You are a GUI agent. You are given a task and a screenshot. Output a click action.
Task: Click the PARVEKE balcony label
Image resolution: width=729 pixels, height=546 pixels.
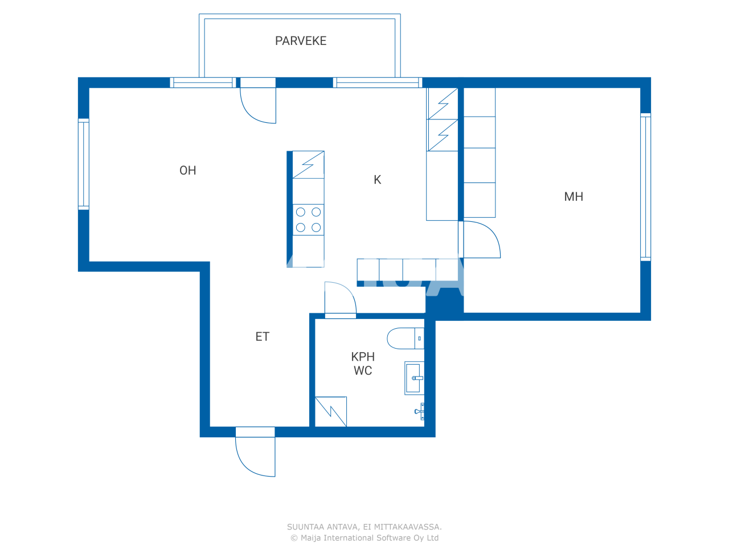(x=301, y=41)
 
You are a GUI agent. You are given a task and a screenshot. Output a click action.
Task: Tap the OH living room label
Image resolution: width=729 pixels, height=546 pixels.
(x=188, y=171)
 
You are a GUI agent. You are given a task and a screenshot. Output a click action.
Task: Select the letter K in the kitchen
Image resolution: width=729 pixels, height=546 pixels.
(x=377, y=180)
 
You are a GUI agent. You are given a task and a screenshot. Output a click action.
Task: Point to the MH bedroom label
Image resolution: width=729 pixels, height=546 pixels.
(x=574, y=197)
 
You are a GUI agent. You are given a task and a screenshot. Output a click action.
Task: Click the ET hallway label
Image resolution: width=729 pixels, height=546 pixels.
(x=262, y=337)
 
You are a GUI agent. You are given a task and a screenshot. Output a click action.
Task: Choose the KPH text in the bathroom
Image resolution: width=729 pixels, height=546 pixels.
(x=363, y=357)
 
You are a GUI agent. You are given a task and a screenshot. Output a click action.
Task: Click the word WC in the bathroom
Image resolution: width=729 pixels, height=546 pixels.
(x=363, y=371)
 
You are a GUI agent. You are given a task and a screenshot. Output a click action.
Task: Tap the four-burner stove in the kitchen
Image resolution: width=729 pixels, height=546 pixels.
(x=308, y=220)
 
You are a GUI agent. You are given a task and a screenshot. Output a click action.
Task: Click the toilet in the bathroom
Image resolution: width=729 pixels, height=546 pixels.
(x=404, y=338)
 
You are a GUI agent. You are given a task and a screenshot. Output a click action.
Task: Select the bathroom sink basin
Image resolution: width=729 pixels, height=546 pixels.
(x=413, y=378)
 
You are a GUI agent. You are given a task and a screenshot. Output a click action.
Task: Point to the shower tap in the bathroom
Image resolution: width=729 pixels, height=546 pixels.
(x=420, y=411)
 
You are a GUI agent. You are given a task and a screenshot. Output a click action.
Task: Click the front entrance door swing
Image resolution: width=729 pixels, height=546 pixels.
(x=255, y=455)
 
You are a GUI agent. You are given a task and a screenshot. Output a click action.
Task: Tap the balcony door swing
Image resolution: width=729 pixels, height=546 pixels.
(x=258, y=105)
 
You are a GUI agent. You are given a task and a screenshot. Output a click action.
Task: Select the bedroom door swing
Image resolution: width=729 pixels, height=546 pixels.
(x=481, y=240)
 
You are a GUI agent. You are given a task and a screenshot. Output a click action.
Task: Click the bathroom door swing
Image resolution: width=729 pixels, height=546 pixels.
(x=340, y=299)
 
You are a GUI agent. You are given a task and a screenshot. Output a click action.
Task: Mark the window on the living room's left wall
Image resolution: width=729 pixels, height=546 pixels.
(x=84, y=164)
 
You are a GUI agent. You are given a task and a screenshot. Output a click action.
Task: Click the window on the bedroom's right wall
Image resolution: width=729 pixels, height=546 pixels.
(x=645, y=187)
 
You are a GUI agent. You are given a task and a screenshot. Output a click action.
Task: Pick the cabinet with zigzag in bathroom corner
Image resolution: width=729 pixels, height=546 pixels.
(x=331, y=411)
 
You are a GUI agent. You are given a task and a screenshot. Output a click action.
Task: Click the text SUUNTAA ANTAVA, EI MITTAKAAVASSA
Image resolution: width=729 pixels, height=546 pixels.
(x=364, y=527)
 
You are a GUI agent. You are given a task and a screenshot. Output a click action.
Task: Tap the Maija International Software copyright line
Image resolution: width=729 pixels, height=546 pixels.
(x=364, y=538)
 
